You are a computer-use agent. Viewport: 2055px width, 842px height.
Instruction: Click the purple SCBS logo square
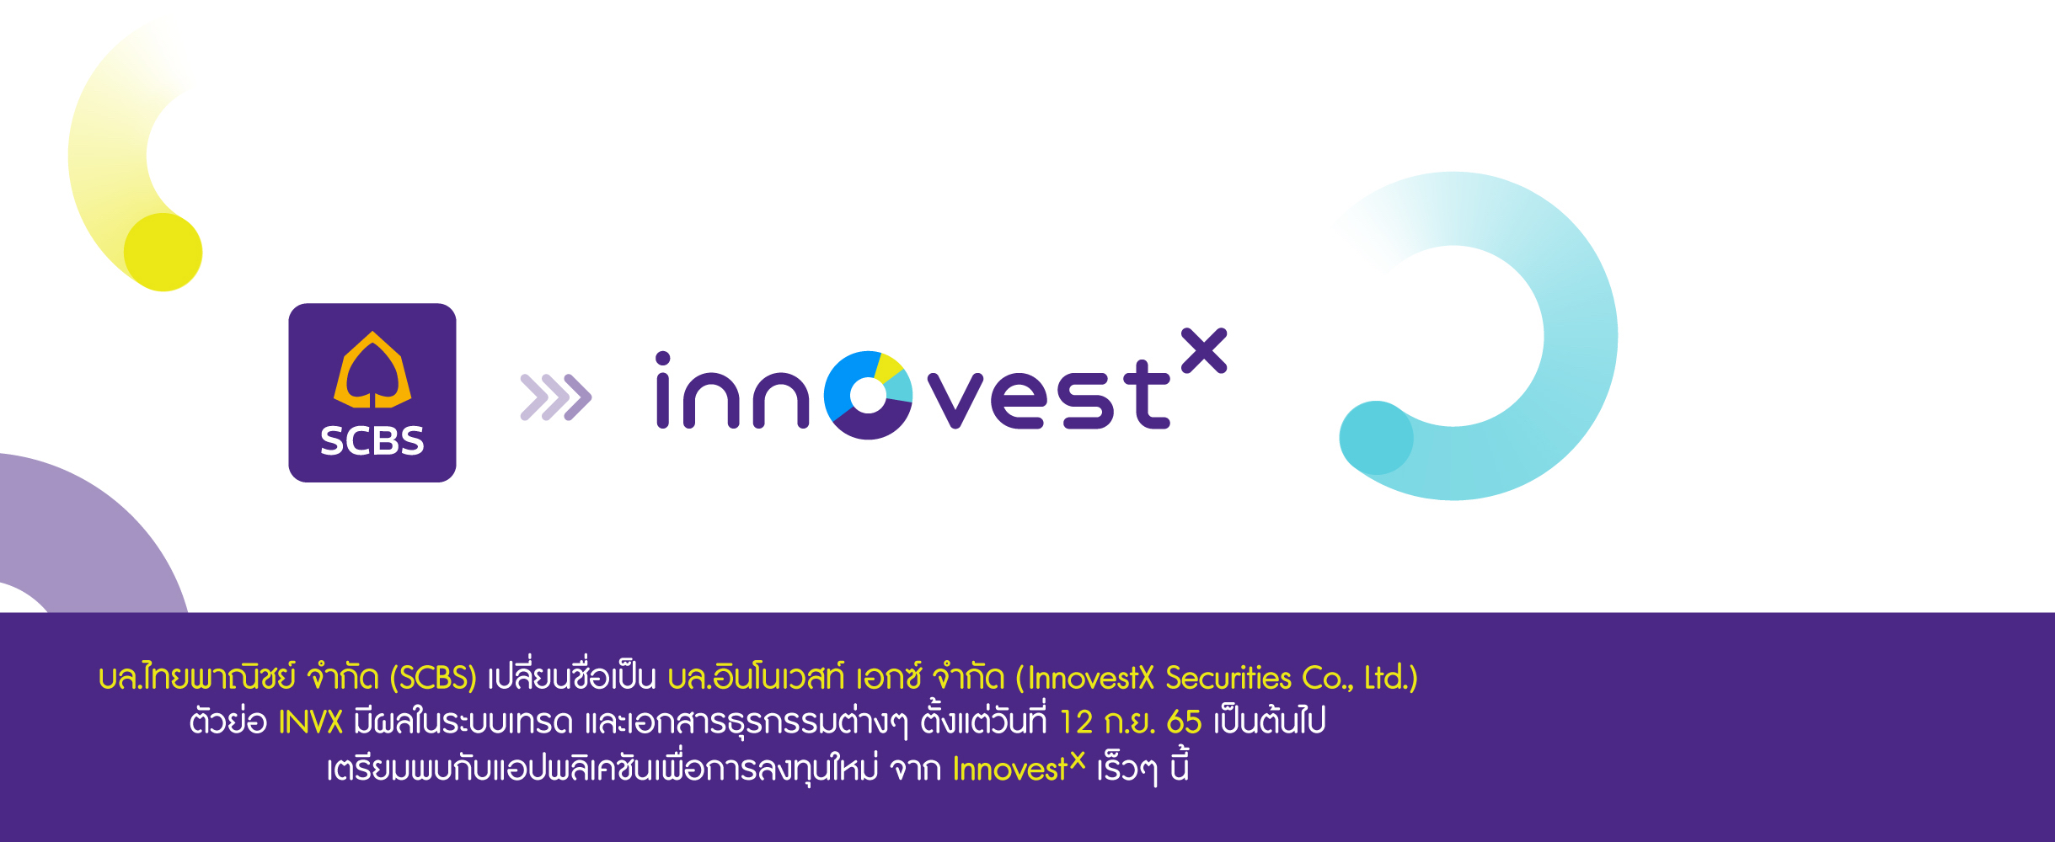[x=372, y=392]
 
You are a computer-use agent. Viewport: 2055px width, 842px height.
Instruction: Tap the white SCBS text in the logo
[x=372, y=441]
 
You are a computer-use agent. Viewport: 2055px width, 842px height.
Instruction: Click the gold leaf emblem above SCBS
[x=372, y=370]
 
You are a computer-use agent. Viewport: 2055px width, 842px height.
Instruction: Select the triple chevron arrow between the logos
[x=556, y=397]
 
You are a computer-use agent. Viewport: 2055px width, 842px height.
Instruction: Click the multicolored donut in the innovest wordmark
[x=868, y=395]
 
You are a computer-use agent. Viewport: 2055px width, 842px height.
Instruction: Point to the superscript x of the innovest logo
[x=1204, y=350]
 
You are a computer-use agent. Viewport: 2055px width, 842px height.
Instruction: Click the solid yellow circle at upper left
[x=163, y=252]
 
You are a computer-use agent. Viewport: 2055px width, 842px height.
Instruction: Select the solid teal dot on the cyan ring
[x=1376, y=438]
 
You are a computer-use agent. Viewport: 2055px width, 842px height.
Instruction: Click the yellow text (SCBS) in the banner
[x=433, y=678]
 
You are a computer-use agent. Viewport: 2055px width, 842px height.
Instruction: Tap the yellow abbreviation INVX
[x=310, y=722]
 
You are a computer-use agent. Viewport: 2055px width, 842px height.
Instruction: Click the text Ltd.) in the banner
[x=1390, y=678]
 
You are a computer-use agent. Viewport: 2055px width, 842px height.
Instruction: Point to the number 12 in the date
[x=1075, y=722]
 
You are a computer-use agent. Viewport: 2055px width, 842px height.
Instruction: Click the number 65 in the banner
[x=1184, y=722]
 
